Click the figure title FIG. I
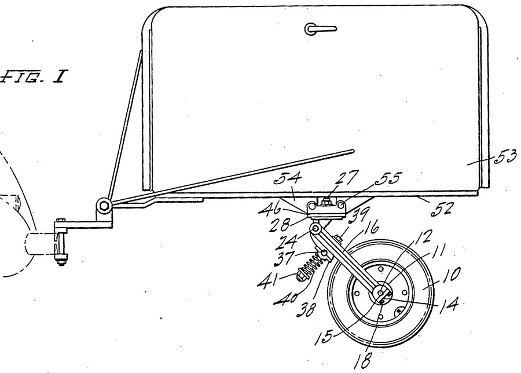click(33, 76)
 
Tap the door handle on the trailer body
click(320, 29)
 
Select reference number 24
click(287, 242)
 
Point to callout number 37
click(284, 258)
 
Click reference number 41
click(267, 280)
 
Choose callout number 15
click(325, 336)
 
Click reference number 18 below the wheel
click(363, 359)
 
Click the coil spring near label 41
click(310, 266)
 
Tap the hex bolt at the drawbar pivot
click(104, 205)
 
